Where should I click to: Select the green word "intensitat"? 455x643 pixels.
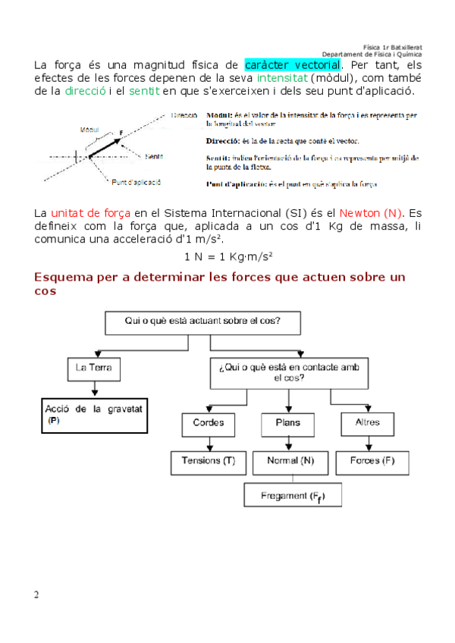click(x=281, y=77)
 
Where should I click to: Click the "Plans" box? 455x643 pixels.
click(x=287, y=422)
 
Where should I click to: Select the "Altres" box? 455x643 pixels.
click(x=367, y=422)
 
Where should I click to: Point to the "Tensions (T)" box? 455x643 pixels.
click(x=209, y=461)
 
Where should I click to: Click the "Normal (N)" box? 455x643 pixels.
click(x=291, y=461)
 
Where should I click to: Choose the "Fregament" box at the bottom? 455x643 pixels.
click(x=292, y=496)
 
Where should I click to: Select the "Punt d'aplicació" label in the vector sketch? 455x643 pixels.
click(x=136, y=183)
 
